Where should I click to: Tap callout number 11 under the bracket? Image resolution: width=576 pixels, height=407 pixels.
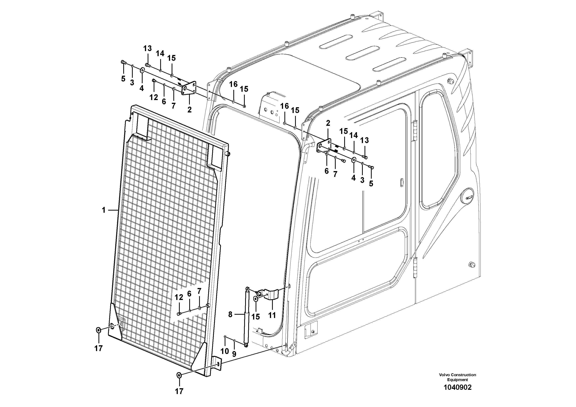tap(272, 315)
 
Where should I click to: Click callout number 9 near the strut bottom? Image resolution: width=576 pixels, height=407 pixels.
tap(234, 354)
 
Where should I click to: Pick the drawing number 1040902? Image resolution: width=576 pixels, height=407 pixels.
tap(457, 387)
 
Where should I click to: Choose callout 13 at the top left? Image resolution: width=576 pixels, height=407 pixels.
tap(147, 48)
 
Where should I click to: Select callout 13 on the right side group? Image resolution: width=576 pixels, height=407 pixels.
tap(364, 140)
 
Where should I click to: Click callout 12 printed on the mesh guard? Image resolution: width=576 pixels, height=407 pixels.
tap(179, 297)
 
